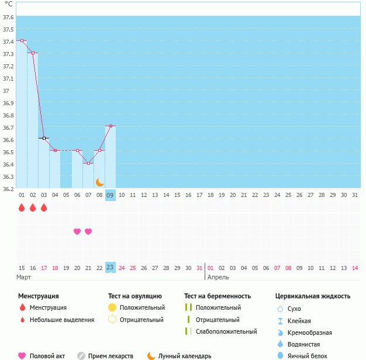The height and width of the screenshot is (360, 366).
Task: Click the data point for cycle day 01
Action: (x=22, y=41)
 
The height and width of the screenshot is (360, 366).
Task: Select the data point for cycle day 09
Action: (x=111, y=126)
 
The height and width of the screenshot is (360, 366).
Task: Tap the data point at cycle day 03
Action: (x=44, y=138)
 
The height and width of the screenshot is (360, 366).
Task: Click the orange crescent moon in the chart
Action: (x=99, y=182)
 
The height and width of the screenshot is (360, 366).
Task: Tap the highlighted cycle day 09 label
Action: (x=111, y=195)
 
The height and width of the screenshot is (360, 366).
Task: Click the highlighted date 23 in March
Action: (x=111, y=268)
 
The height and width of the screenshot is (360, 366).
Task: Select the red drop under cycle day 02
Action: (x=33, y=207)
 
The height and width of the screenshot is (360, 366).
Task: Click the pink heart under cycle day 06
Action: (x=77, y=231)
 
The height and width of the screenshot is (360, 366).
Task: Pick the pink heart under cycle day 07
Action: (x=88, y=231)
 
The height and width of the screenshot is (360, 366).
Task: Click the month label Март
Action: (x=24, y=277)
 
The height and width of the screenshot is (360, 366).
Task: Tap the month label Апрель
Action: (x=218, y=277)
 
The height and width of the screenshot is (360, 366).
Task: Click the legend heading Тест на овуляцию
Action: (x=135, y=296)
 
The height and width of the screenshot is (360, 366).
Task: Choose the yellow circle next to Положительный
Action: (x=112, y=307)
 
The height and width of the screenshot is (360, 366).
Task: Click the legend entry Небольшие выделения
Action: (x=63, y=320)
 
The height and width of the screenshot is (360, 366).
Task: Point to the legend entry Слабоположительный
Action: (x=226, y=331)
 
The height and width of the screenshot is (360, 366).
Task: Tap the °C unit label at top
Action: (x=9, y=4)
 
